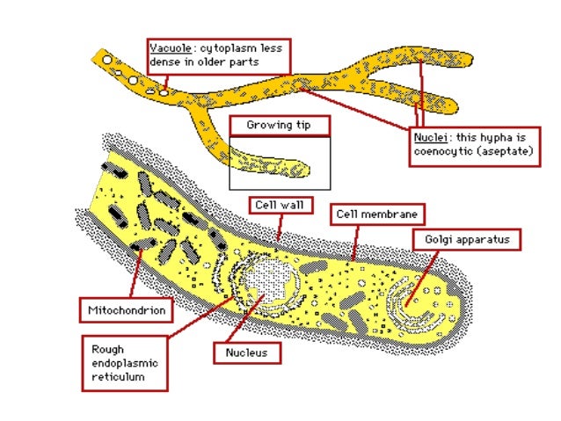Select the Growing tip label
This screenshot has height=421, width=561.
click(279, 126)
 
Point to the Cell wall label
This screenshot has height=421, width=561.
click(280, 205)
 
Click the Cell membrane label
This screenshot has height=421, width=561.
click(377, 214)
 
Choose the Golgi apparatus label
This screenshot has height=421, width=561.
click(466, 238)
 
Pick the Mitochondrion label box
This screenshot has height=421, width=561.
click(126, 309)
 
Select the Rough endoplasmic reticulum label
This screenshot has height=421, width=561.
click(124, 363)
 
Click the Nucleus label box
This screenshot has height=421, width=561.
click(247, 353)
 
